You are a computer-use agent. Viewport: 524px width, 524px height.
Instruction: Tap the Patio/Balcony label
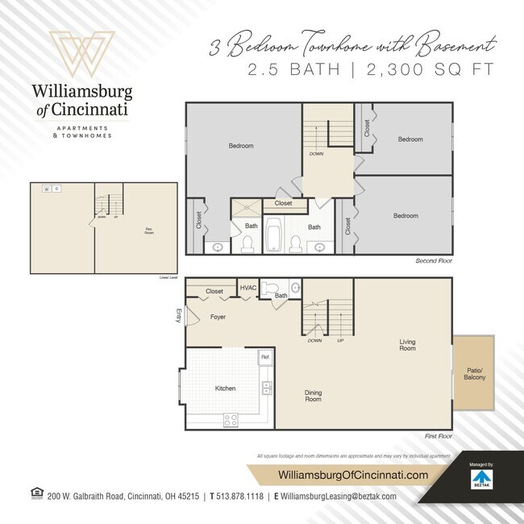point(474,373)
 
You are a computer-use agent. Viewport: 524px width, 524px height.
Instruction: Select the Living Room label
point(407,344)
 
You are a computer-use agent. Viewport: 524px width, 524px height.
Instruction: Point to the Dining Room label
point(313,396)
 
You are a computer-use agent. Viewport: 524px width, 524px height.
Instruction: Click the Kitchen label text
point(225,389)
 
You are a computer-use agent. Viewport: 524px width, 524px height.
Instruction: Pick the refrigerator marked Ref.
point(264,356)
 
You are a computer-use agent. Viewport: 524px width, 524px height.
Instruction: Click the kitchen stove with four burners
point(231,419)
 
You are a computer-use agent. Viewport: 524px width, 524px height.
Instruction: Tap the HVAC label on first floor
point(248,288)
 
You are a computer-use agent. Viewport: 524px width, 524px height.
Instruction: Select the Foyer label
point(218,317)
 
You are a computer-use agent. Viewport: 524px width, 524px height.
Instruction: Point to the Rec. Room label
point(148,231)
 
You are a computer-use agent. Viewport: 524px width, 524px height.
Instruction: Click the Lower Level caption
point(168,277)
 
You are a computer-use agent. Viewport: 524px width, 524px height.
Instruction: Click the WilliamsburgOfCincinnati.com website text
point(352,476)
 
